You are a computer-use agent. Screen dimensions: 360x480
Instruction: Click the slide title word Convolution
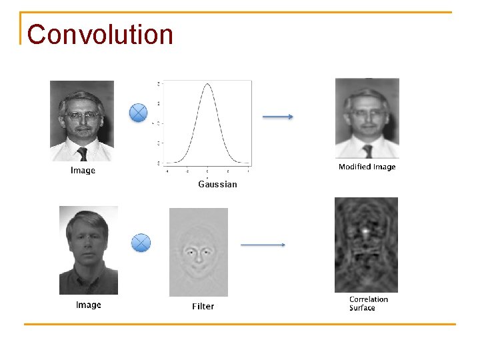pyautogui.click(x=100, y=35)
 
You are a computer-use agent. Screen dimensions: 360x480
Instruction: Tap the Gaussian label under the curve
pyautogui.click(x=217, y=184)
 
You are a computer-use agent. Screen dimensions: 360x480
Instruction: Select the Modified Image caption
pyautogui.click(x=367, y=167)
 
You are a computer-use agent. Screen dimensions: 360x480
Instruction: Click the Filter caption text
pyautogui.click(x=203, y=307)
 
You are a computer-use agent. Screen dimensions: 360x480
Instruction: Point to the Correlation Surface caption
pyautogui.click(x=368, y=303)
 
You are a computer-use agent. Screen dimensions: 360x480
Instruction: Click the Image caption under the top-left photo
pyautogui.click(x=83, y=171)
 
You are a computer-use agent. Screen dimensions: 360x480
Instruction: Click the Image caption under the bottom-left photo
pyautogui.click(x=89, y=305)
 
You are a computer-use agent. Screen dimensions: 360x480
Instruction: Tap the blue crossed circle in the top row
pyautogui.click(x=138, y=113)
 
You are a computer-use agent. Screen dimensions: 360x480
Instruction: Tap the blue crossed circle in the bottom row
pyautogui.click(x=141, y=243)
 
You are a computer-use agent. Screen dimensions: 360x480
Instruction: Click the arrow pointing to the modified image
pyautogui.click(x=277, y=117)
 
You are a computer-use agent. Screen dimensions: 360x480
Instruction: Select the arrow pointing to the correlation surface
pyautogui.click(x=263, y=245)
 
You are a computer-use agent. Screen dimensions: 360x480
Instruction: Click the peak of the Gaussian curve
pyautogui.click(x=208, y=85)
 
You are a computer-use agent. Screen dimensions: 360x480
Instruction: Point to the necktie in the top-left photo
pyautogui.click(x=82, y=153)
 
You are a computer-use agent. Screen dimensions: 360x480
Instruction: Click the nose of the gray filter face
pyautogui.click(x=199, y=257)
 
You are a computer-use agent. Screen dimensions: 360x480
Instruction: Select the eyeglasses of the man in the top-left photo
pyautogui.click(x=82, y=115)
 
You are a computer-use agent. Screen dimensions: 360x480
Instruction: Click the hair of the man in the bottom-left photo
pyautogui.click(x=88, y=221)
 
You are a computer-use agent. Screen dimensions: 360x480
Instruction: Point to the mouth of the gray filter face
pyautogui.click(x=199, y=267)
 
